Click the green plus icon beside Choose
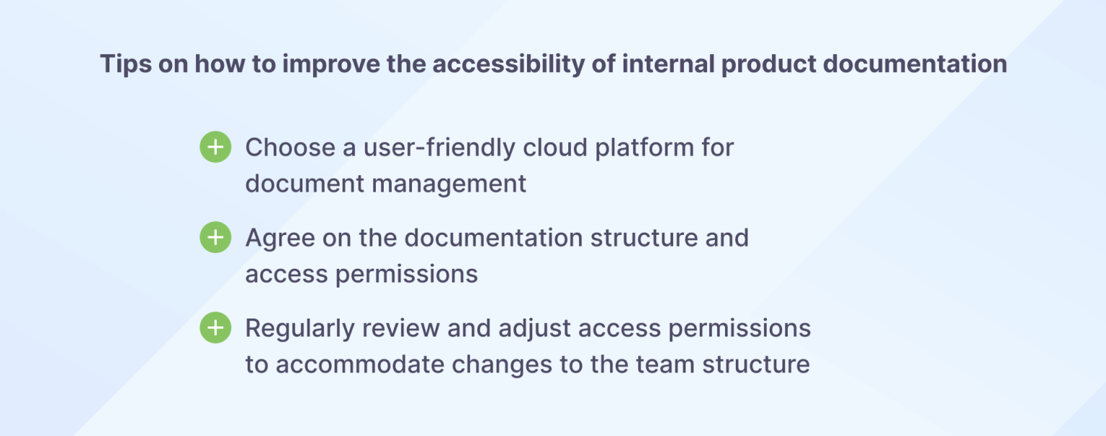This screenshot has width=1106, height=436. [215, 147]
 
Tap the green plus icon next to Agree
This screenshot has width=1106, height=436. [215, 238]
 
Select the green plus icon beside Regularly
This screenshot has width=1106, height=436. [215, 328]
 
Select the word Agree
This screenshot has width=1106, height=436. [279, 238]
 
